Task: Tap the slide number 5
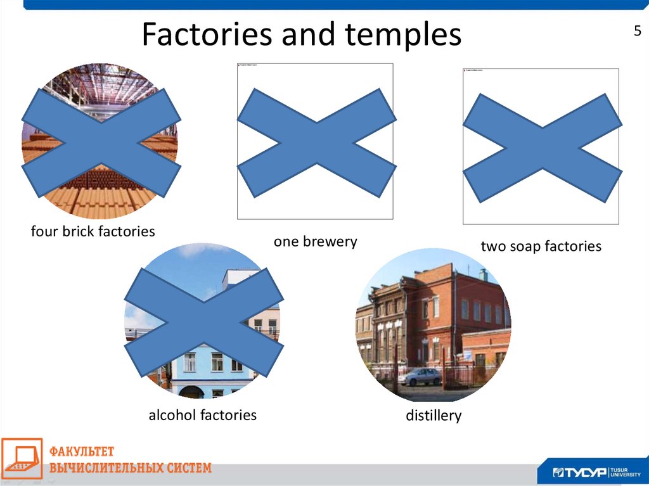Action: (638, 32)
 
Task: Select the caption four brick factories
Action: (93, 231)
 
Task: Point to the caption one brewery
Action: (316, 241)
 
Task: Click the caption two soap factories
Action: (541, 246)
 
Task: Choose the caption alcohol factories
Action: (202, 415)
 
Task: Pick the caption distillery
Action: (434, 416)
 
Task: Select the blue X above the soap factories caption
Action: (542, 148)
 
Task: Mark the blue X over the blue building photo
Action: (203, 321)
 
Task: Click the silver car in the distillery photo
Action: (420, 376)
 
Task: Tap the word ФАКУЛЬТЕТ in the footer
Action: (82, 452)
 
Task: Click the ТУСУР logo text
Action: (579, 473)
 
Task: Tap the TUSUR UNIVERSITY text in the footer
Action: (626, 473)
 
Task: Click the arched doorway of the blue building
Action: (191, 392)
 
